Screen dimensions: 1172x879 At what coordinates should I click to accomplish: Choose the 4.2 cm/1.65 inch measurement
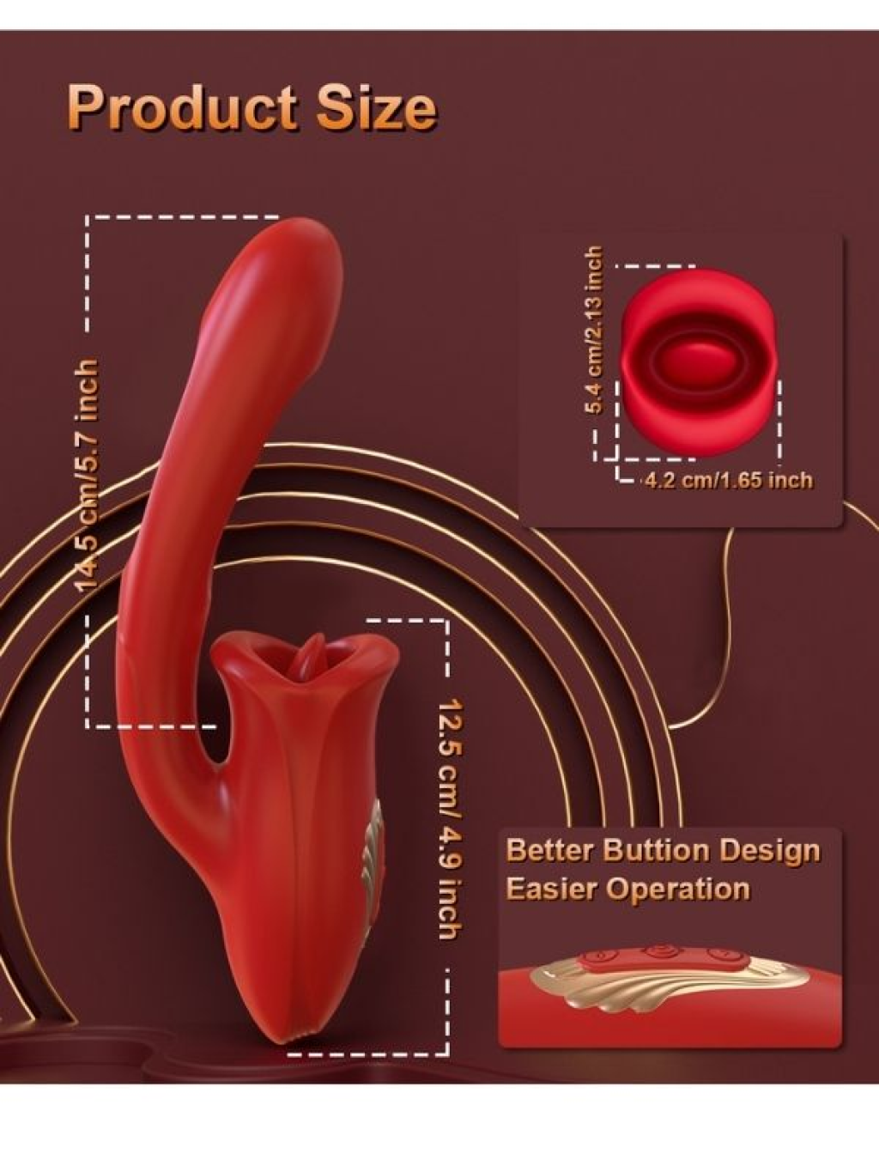coord(728,480)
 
